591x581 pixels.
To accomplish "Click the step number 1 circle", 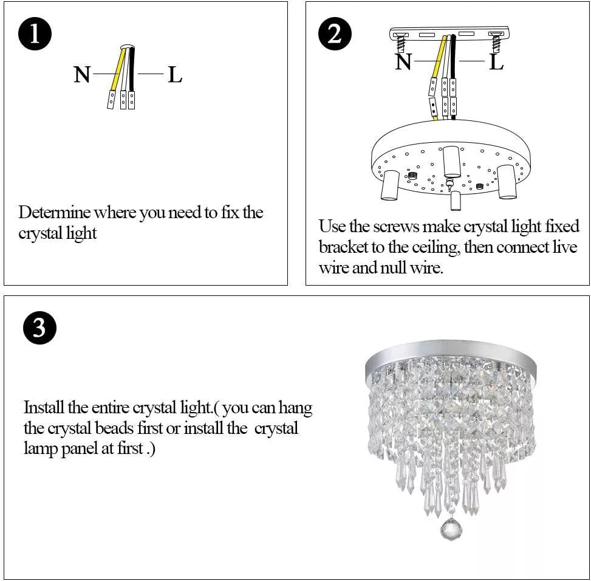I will point(35,35).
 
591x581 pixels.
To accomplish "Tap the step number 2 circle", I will point(335,35).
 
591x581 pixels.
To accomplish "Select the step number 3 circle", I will point(39,328).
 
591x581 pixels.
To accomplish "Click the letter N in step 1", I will point(82,75).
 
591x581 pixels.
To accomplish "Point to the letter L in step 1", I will point(175,75).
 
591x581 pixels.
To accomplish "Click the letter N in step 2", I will point(403,61).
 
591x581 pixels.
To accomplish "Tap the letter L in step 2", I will point(496,61).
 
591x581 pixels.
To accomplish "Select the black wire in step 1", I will point(131,70).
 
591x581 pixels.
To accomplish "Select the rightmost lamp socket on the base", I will point(507,182).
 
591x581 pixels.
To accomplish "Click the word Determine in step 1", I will point(55,213).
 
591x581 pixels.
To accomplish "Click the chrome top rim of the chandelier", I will point(451,351).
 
